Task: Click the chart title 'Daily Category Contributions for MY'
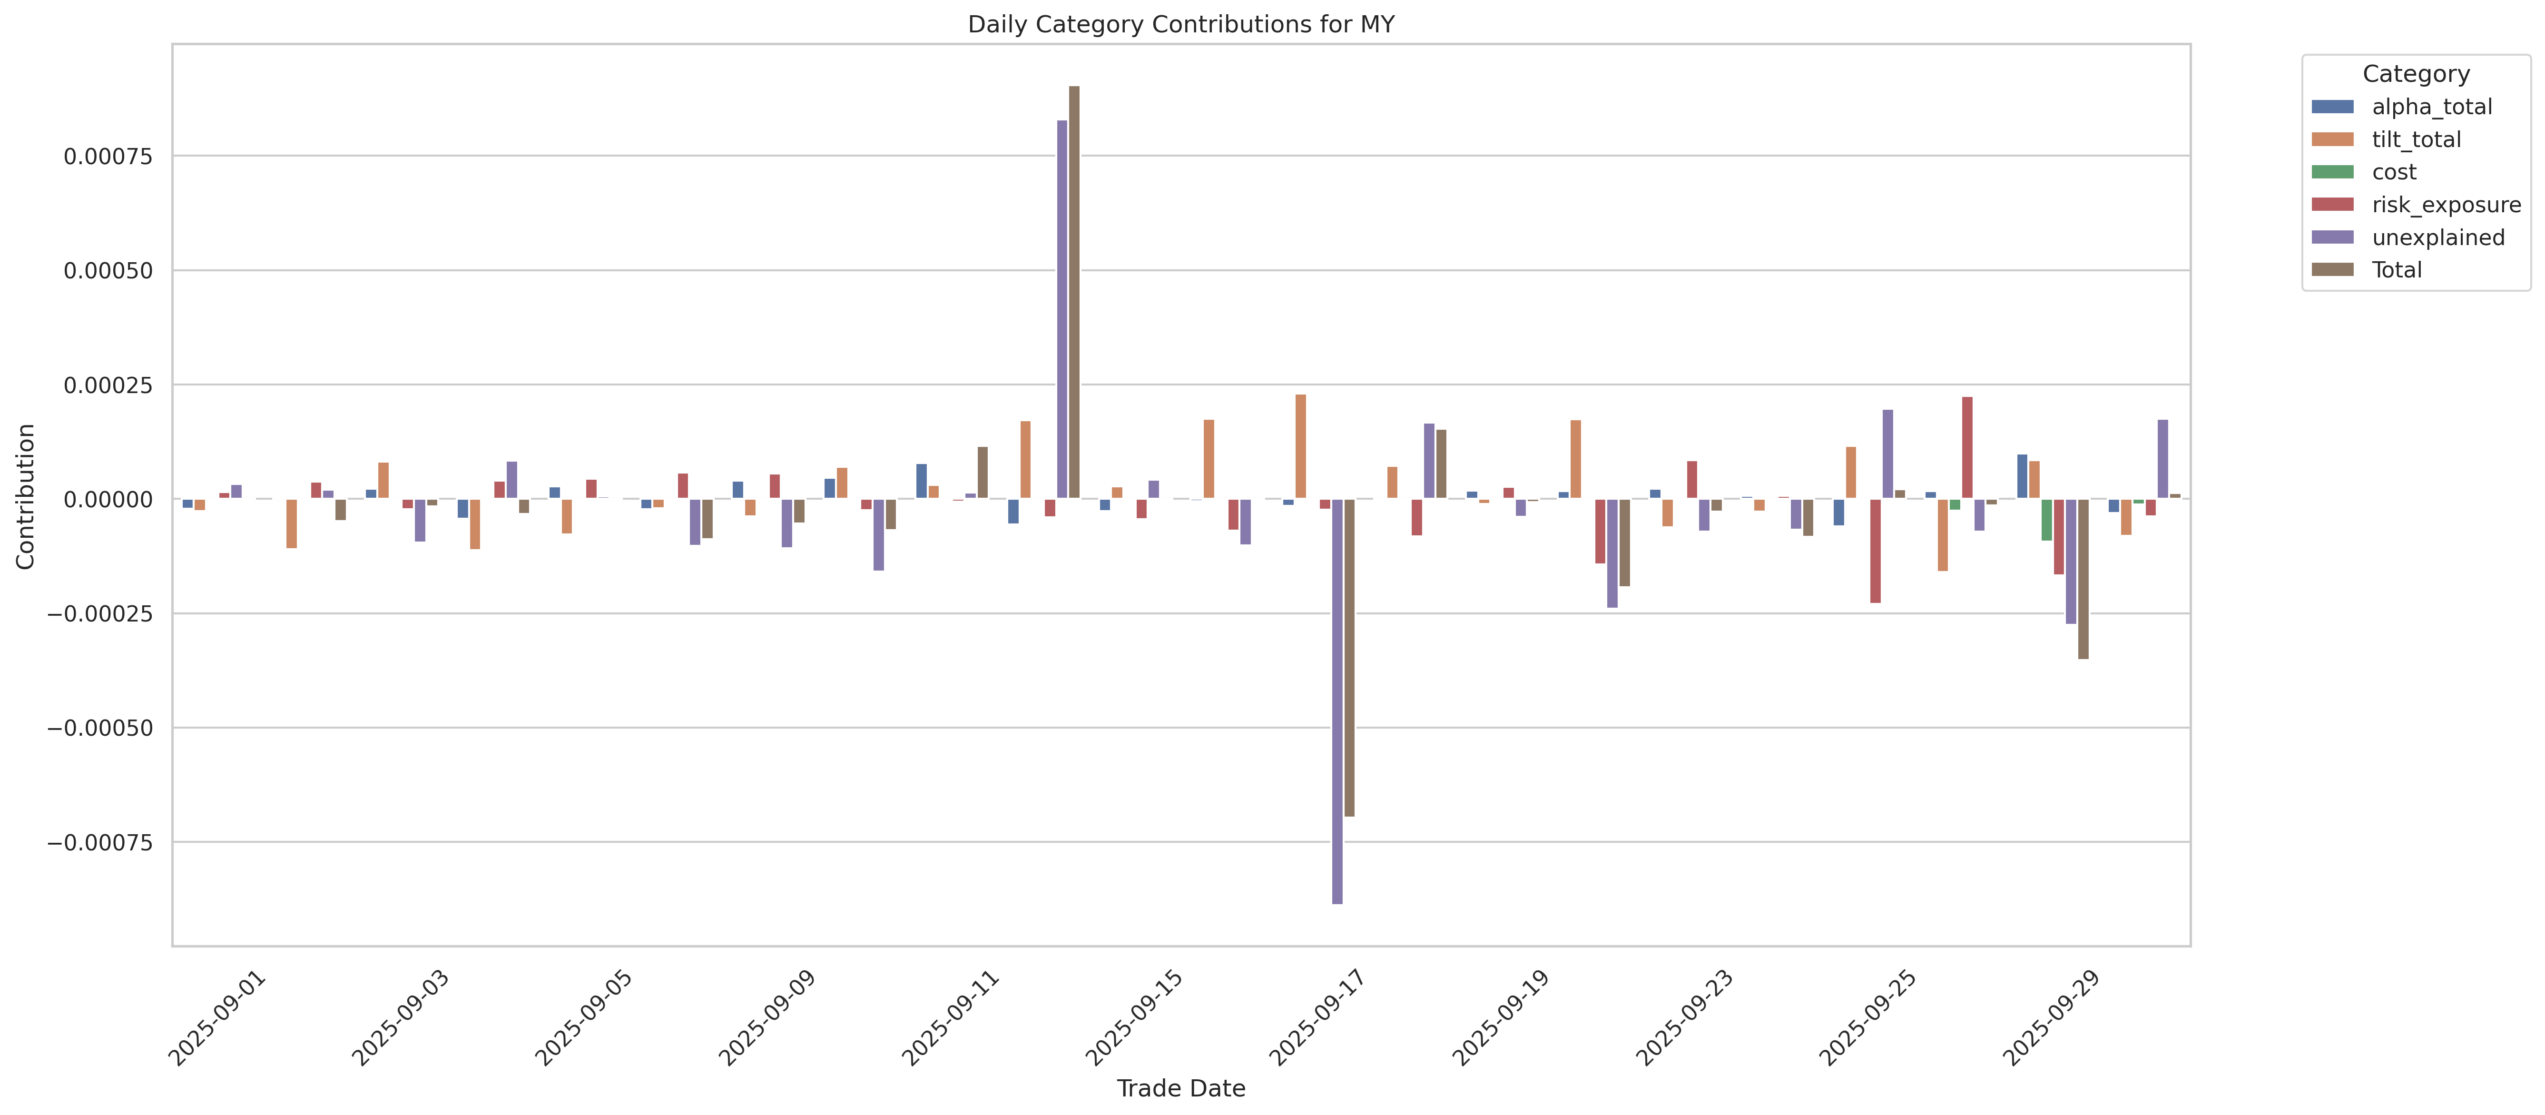click(x=1180, y=25)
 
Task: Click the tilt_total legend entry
click(x=2416, y=139)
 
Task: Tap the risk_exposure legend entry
click(x=2445, y=205)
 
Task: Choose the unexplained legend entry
click(x=2437, y=237)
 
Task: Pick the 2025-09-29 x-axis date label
click(x=2050, y=1018)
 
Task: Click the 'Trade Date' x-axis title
click(x=1180, y=1088)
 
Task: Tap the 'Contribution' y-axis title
click(x=26, y=496)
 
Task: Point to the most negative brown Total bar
click(x=1349, y=657)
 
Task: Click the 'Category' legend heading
click(x=2416, y=74)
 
